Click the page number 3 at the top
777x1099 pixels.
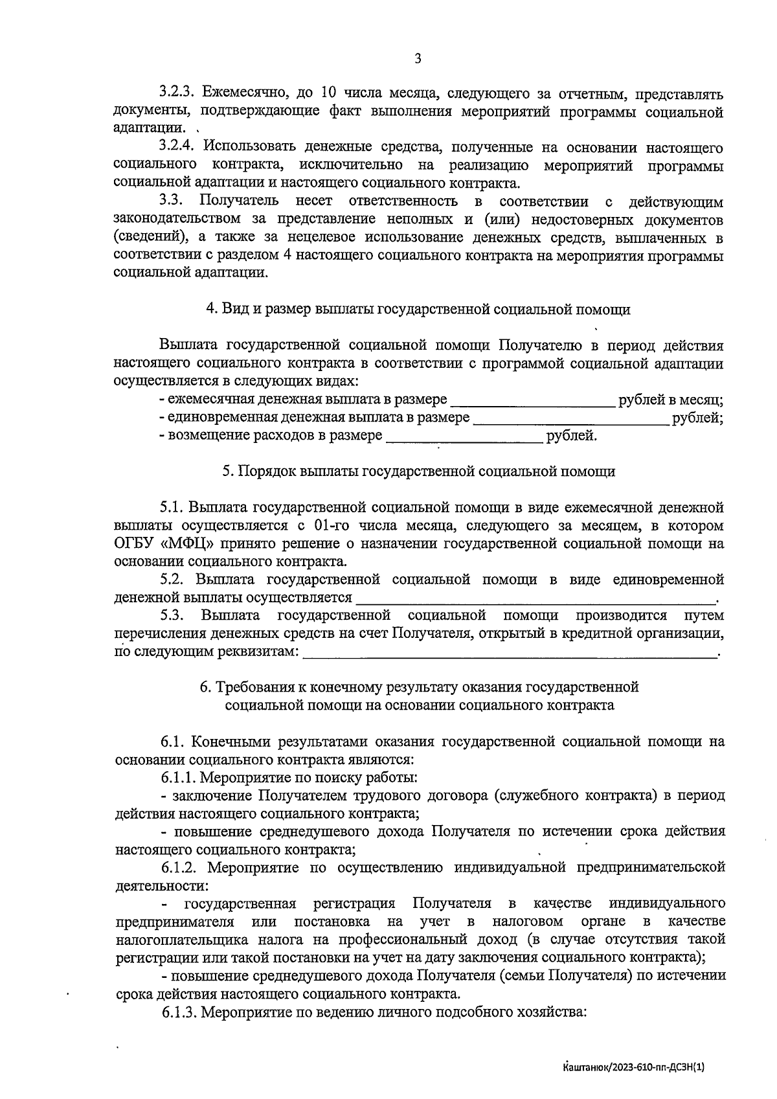(x=417, y=59)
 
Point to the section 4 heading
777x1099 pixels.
(x=418, y=309)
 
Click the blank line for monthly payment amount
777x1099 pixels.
(x=532, y=401)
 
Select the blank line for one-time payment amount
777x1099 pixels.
(x=571, y=418)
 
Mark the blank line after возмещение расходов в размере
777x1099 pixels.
(x=464, y=436)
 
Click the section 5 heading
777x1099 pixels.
(x=418, y=471)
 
